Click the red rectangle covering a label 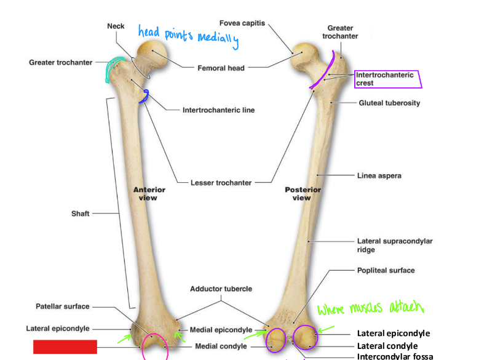(x=65, y=346)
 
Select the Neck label (x=116, y=26)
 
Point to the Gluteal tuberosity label (x=389, y=103)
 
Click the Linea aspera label (x=379, y=176)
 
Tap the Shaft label (x=80, y=214)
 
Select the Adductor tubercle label (x=221, y=289)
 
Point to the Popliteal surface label (x=386, y=270)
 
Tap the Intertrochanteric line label (x=218, y=111)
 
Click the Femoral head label (x=221, y=68)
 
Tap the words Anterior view (x=149, y=194)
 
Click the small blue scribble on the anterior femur (x=145, y=96)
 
